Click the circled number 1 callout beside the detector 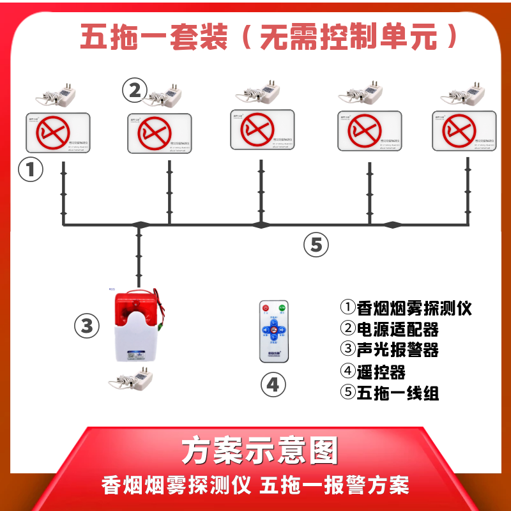[x=30, y=171]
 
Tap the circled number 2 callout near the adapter [x=134, y=91]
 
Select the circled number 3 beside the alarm [x=87, y=326]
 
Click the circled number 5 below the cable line [x=316, y=245]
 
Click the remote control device [x=273, y=332]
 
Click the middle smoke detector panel [x=262, y=129]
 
